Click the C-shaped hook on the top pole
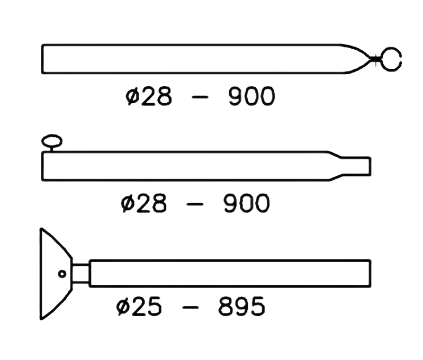point(392,59)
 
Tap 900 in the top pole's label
point(251,97)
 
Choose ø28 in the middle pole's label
point(143,204)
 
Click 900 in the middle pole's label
point(246,204)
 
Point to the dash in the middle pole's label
point(196,205)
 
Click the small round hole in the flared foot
point(62,274)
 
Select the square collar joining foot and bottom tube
point(80,274)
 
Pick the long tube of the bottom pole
point(228,274)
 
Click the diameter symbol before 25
point(122,308)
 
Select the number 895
point(241,308)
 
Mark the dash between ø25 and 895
point(191,309)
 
